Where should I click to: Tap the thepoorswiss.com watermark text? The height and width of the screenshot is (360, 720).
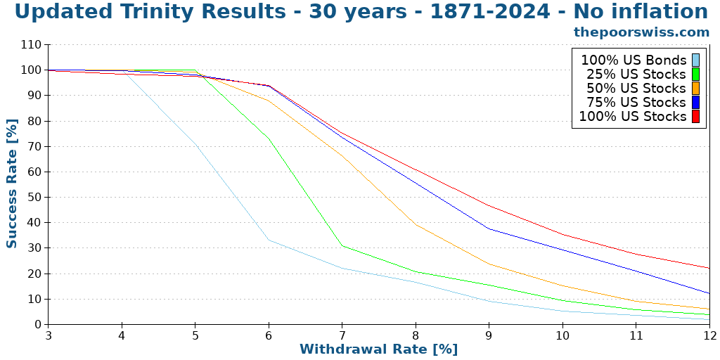(641, 32)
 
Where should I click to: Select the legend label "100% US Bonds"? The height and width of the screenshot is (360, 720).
(633, 60)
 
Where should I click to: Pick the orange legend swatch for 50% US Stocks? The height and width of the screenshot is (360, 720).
(695, 89)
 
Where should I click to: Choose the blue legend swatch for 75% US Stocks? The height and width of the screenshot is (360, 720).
(695, 103)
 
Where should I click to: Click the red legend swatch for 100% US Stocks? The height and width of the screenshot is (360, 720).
(695, 117)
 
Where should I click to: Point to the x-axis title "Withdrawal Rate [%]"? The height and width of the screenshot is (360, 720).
(378, 349)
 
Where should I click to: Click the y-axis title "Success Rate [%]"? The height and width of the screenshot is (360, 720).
(12, 183)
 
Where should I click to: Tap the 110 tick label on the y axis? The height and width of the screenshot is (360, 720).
(32, 45)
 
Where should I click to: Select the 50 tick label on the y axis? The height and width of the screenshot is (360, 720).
(34, 198)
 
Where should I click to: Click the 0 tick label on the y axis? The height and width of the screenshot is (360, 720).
(38, 325)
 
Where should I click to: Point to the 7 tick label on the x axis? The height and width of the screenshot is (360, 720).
(342, 336)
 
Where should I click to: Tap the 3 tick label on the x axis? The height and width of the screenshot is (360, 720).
(49, 336)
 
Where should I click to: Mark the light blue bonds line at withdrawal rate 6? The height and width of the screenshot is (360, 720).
(269, 240)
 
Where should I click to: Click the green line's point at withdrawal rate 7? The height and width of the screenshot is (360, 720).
(342, 245)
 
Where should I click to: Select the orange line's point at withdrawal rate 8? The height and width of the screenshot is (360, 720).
(416, 225)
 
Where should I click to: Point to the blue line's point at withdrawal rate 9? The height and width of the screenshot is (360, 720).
(489, 229)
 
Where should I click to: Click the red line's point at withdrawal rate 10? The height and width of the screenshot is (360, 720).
(562, 235)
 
